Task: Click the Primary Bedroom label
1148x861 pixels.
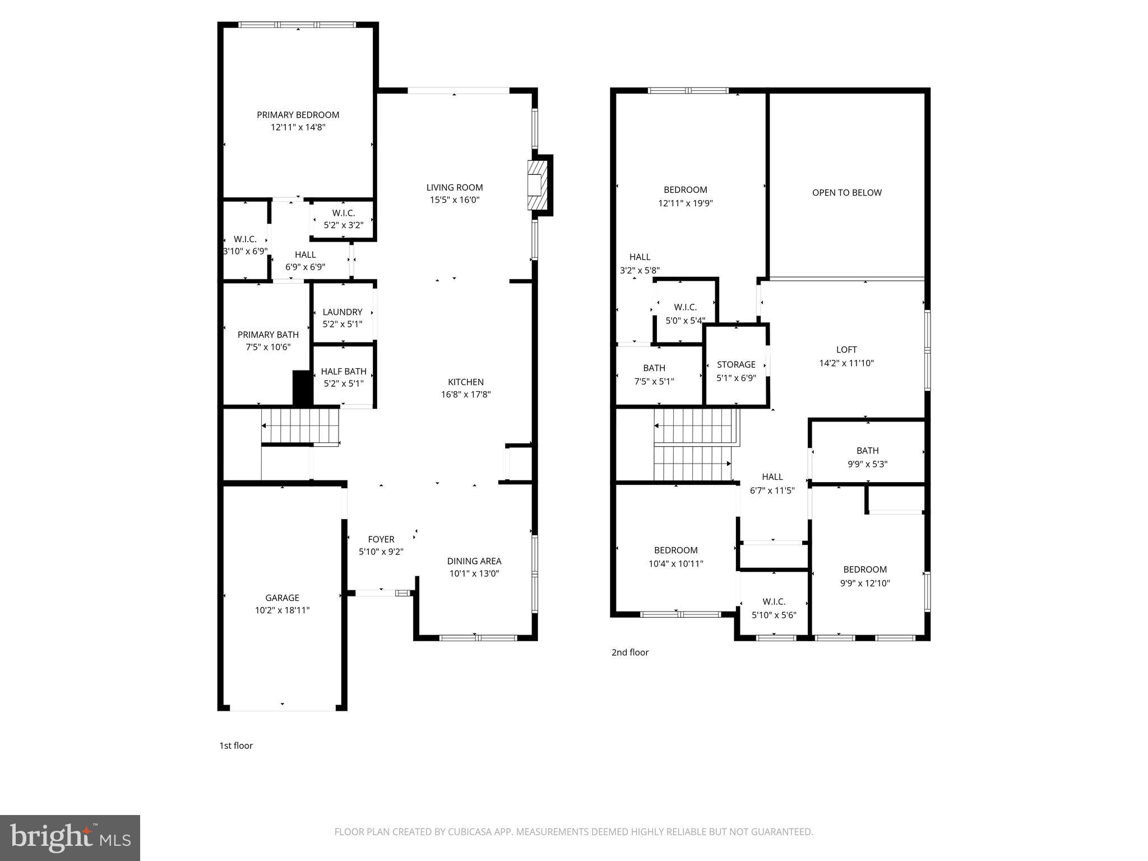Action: pos(298,115)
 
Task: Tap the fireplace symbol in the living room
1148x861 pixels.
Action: pos(536,185)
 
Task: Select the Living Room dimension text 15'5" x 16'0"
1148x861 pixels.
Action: pos(454,200)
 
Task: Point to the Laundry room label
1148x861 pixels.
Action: pos(342,312)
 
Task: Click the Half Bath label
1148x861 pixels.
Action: pos(343,371)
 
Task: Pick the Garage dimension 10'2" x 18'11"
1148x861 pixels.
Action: pos(282,610)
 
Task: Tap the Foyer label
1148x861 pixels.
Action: pos(381,539)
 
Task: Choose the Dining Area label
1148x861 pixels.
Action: pos(474,561)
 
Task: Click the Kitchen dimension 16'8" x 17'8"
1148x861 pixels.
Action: pos(465,395)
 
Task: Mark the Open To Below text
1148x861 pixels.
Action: pos(846,193)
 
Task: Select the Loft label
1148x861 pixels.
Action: pos(846,350)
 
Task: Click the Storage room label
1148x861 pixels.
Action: pos(735,364)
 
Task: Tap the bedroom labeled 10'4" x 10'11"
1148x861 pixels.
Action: pos(675,557)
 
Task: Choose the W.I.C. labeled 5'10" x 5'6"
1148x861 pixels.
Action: pos(774,608)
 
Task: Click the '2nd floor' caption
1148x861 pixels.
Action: pos(629,652)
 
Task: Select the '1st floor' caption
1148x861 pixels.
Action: pos(235,746)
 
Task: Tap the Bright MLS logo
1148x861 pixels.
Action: pos(70,837)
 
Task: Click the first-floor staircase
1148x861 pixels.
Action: pos(300,426)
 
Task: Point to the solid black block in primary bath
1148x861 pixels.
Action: pos(302,387)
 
